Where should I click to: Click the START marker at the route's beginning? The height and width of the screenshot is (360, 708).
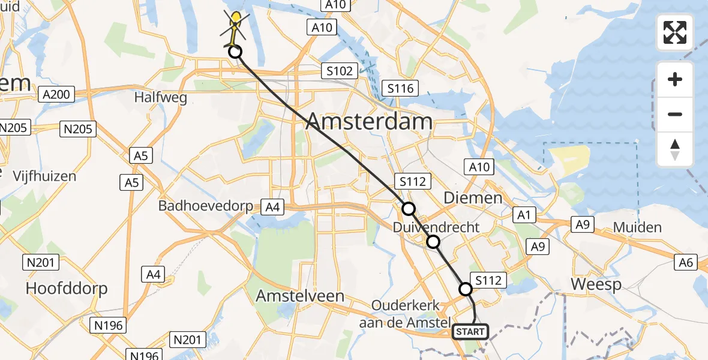point(471,331)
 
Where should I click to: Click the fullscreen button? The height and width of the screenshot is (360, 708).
point(675,32)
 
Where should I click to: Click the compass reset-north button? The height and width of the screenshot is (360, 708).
point(675,149)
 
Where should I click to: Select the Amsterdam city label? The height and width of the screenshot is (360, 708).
point(369,122)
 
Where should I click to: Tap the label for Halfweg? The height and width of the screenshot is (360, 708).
point(161,97)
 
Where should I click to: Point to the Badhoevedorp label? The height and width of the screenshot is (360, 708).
point(206,206)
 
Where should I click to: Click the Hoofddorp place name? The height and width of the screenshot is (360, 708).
point(67,289)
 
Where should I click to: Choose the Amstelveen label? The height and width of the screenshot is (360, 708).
point(300,296)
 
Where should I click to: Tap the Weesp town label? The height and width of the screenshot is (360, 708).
point(596,284)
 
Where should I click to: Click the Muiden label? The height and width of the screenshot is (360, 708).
point(638,227)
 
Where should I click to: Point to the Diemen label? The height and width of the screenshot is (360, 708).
point(472,197)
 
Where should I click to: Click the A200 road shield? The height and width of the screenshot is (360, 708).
point(58,94)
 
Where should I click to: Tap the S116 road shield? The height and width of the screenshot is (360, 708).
point(400,89)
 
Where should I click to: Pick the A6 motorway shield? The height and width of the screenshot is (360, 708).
point(686,262)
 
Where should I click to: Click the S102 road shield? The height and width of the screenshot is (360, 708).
point(339,71)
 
